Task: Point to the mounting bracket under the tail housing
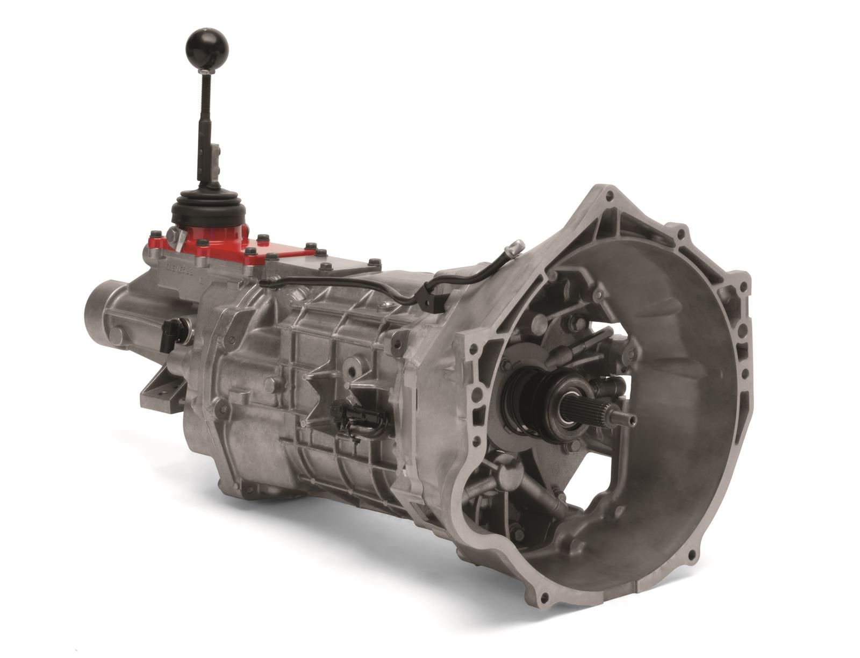pos(156,390)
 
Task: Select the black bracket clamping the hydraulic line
pos(430,297)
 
